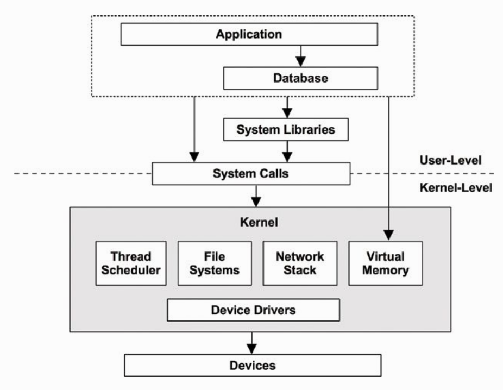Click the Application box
pos(249,34)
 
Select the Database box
pos(300,78)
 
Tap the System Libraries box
pos(286,130)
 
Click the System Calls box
pos(251,173)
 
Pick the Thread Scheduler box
pos(131,263)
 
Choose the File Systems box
pos(215,263)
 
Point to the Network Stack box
pos(300,263)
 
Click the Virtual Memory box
pos(386,263)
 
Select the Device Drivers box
pos(254,310)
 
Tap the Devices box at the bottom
pos(253,366)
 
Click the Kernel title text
pos(259,222)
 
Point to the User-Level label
pos(451,160)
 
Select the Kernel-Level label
pos(456,187)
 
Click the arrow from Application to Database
pos(300,56)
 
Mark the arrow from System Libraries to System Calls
pos(287,152)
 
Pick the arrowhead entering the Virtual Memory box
pos(389,235)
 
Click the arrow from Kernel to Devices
pos(252,343)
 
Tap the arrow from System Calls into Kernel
pos(256,196)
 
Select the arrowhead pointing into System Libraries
pos(287,113)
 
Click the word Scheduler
pos(131,270)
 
